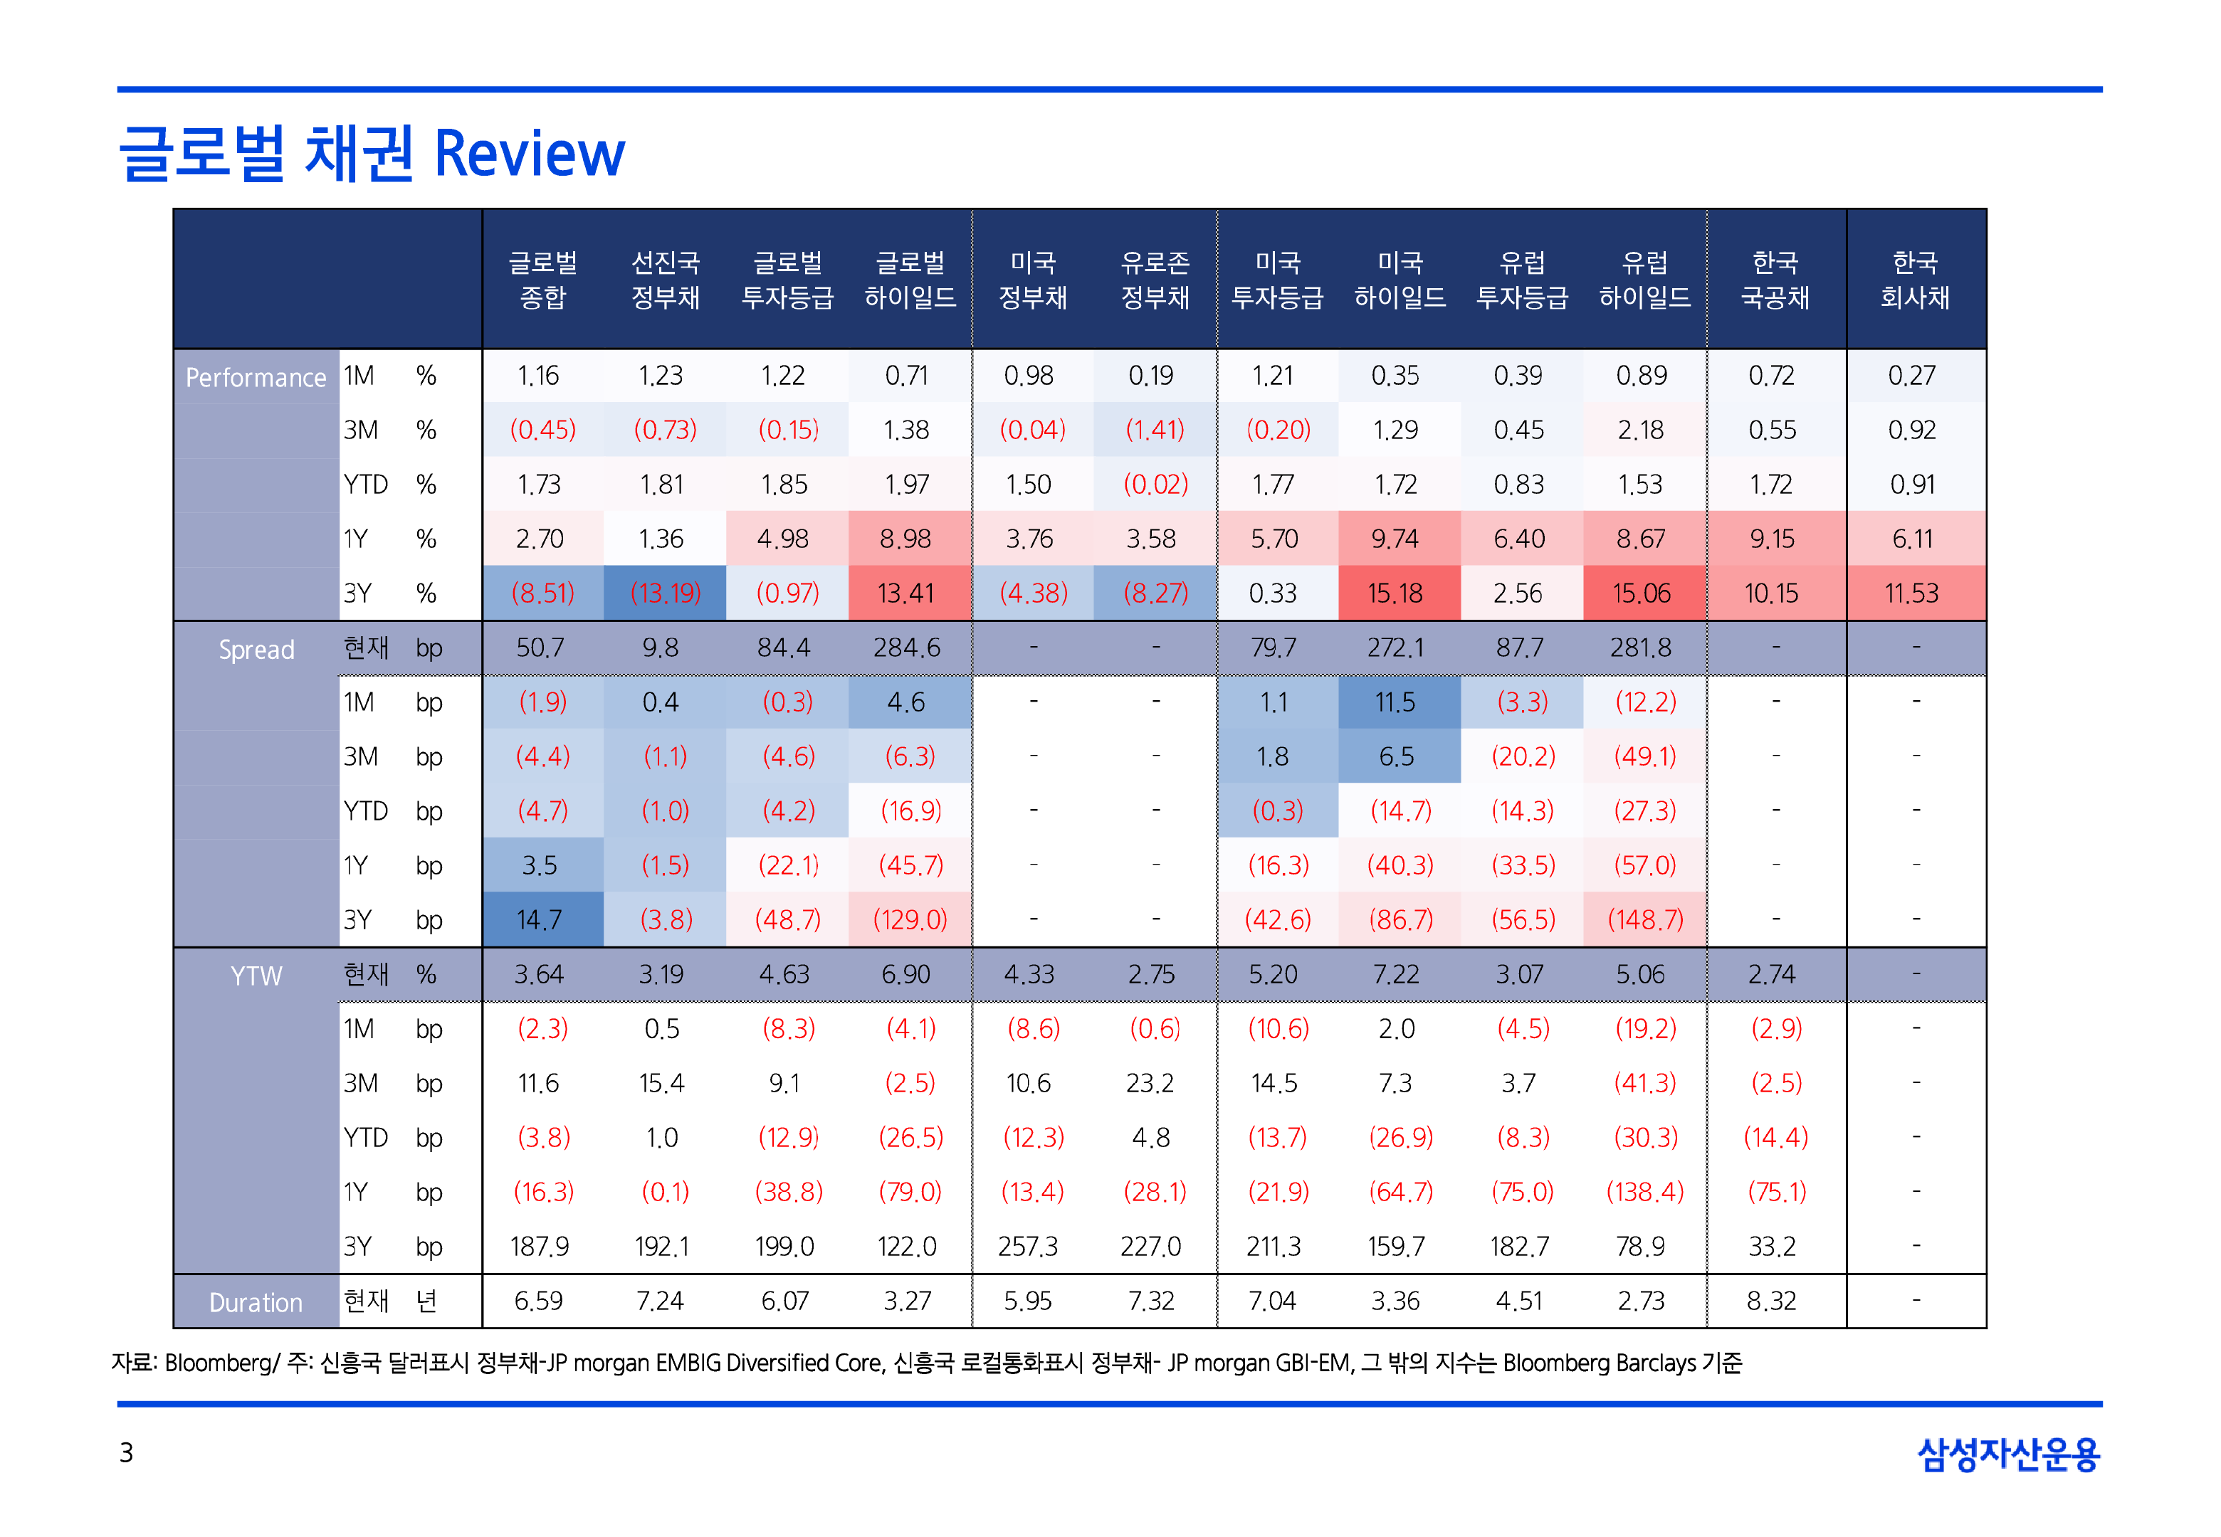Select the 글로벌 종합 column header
pyautogui.click(x=543, y=279)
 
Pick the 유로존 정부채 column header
pyautogui.click(x=1155, y=279)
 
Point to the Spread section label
pyautogui.click(x=256, y=650)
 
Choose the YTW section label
pyautogui.click(x=256, y=976)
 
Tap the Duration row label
pyautogui.click(x=256, y=1303)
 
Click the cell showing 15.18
pyautogui.click(x=1395, y=593)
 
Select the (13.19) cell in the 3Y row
pyautogui.click(x=665, y=593)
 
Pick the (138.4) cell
pyautogui.click(x=1645, y=1192)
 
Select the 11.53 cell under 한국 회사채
pyautogui.click(x=1912, y=593)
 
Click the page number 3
pyautogui.click(x=126, y=1452)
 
